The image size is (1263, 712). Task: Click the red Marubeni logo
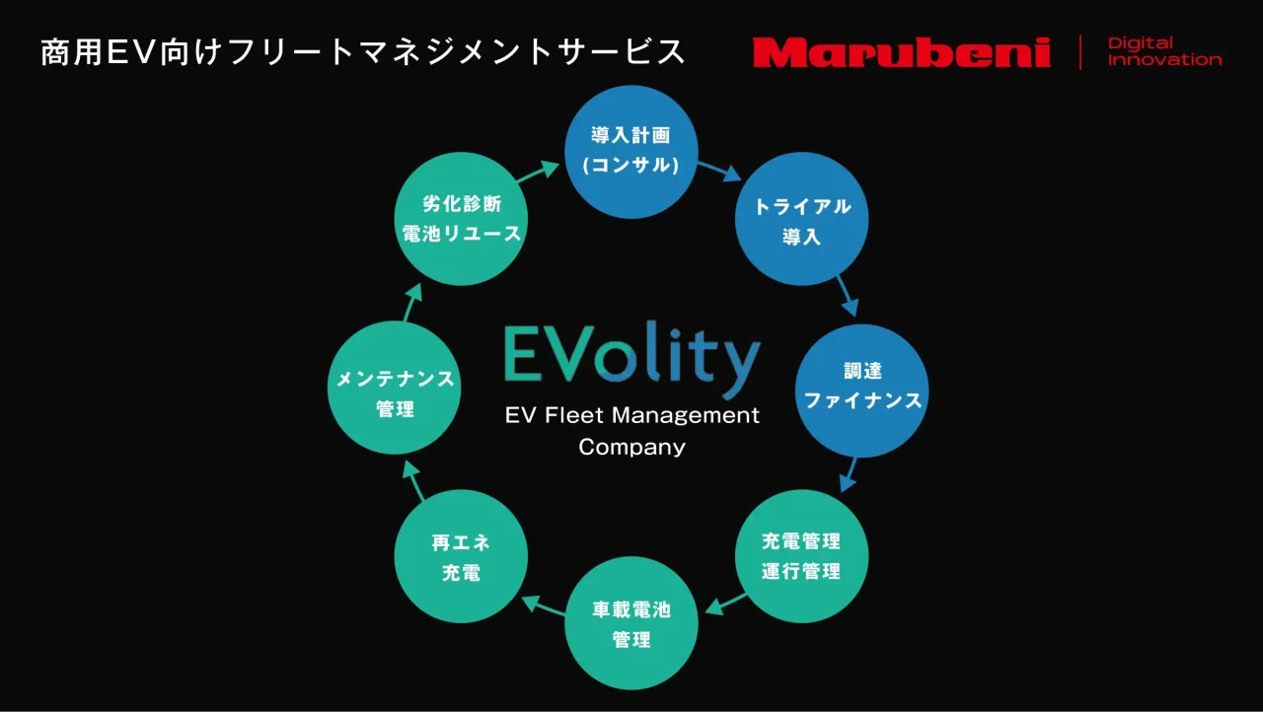pos(902,52)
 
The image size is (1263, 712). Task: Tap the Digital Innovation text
pos(1164,52)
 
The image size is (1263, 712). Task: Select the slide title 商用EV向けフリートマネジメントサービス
pos(362,52)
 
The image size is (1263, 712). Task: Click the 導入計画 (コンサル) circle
pos(631,152)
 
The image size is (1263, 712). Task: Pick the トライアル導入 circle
pos(802,219)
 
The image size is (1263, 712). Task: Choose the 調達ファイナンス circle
pos(862,391)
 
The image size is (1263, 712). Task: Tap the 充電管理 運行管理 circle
pos(802,556)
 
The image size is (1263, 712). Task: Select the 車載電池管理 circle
pos(631,623)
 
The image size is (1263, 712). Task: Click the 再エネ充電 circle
pos(461,556)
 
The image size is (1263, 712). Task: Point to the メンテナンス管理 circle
pos(395,388)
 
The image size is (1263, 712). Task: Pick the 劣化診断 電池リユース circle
pos(461,219)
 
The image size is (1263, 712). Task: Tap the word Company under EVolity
pos(632,448)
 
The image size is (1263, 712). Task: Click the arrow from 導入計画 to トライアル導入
pos(719,172)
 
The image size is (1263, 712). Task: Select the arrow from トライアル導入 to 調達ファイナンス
pos(848,296)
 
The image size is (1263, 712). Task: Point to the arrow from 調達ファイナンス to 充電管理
pos(848,475)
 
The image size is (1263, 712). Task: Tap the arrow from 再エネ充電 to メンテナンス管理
pos(412,480)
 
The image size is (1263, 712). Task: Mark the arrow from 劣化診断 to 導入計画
pos(538,172)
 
